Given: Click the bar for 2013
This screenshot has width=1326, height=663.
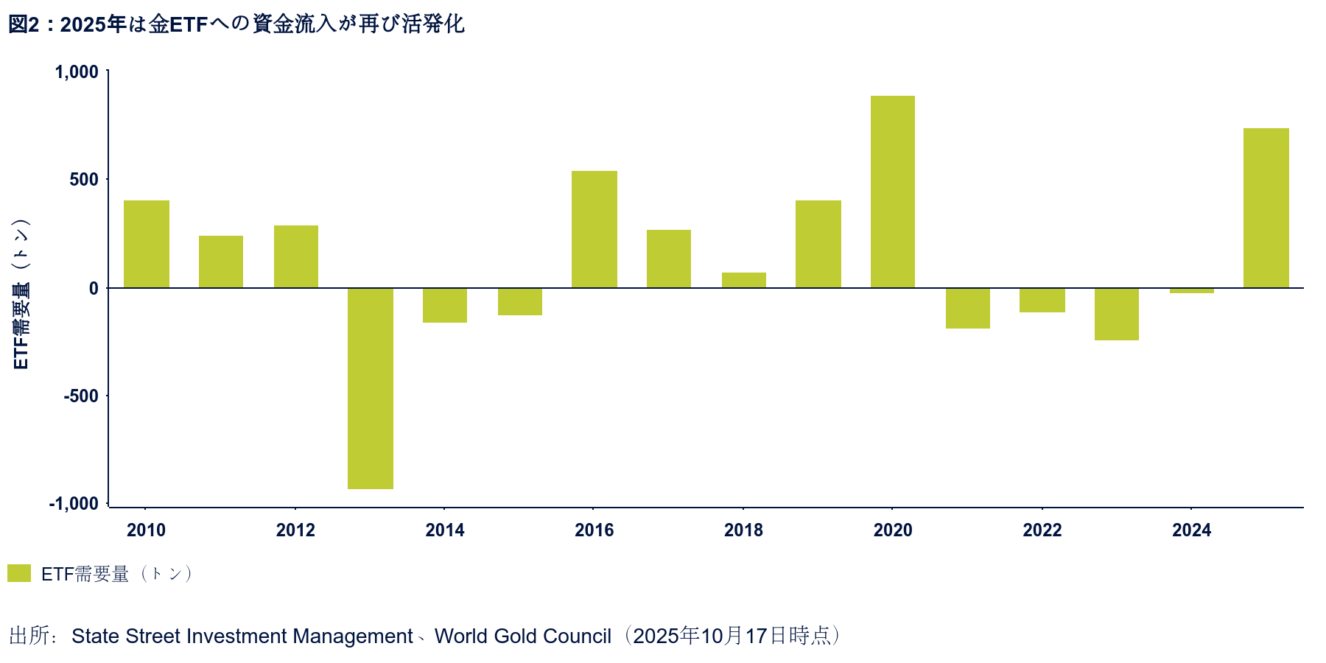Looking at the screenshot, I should tap(371, 388).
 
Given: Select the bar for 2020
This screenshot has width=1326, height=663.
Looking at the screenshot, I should tap(893, 192).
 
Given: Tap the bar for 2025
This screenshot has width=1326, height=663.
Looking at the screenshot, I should tap(1266, 208).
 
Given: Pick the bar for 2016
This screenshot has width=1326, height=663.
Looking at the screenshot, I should tap(594, 229).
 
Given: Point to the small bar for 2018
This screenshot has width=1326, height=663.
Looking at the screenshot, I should tap(744, 280).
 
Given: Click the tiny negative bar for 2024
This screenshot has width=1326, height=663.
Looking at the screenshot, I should tap(1192, 291).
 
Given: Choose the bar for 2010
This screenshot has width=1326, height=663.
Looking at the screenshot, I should tap(147, 244).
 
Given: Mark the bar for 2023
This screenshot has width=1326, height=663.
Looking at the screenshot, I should tap(1117, 314).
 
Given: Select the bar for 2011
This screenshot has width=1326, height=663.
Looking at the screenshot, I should tap(221, 262).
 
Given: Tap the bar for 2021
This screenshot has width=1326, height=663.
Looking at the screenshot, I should tap(968, 308).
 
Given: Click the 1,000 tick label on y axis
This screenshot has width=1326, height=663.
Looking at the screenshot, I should tap(77, 72).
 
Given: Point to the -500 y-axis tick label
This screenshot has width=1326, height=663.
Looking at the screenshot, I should tap(80, 396).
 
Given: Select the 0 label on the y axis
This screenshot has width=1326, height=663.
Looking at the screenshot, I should tap(94, 288).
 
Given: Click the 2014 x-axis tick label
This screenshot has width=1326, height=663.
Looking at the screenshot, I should tap(445, 530).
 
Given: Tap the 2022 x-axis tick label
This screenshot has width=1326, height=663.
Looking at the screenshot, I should tap(1042, 530).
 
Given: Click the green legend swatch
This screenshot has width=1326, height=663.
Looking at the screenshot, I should tap(19, 573).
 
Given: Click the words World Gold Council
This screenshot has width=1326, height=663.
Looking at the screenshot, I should tap(523, 636).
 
